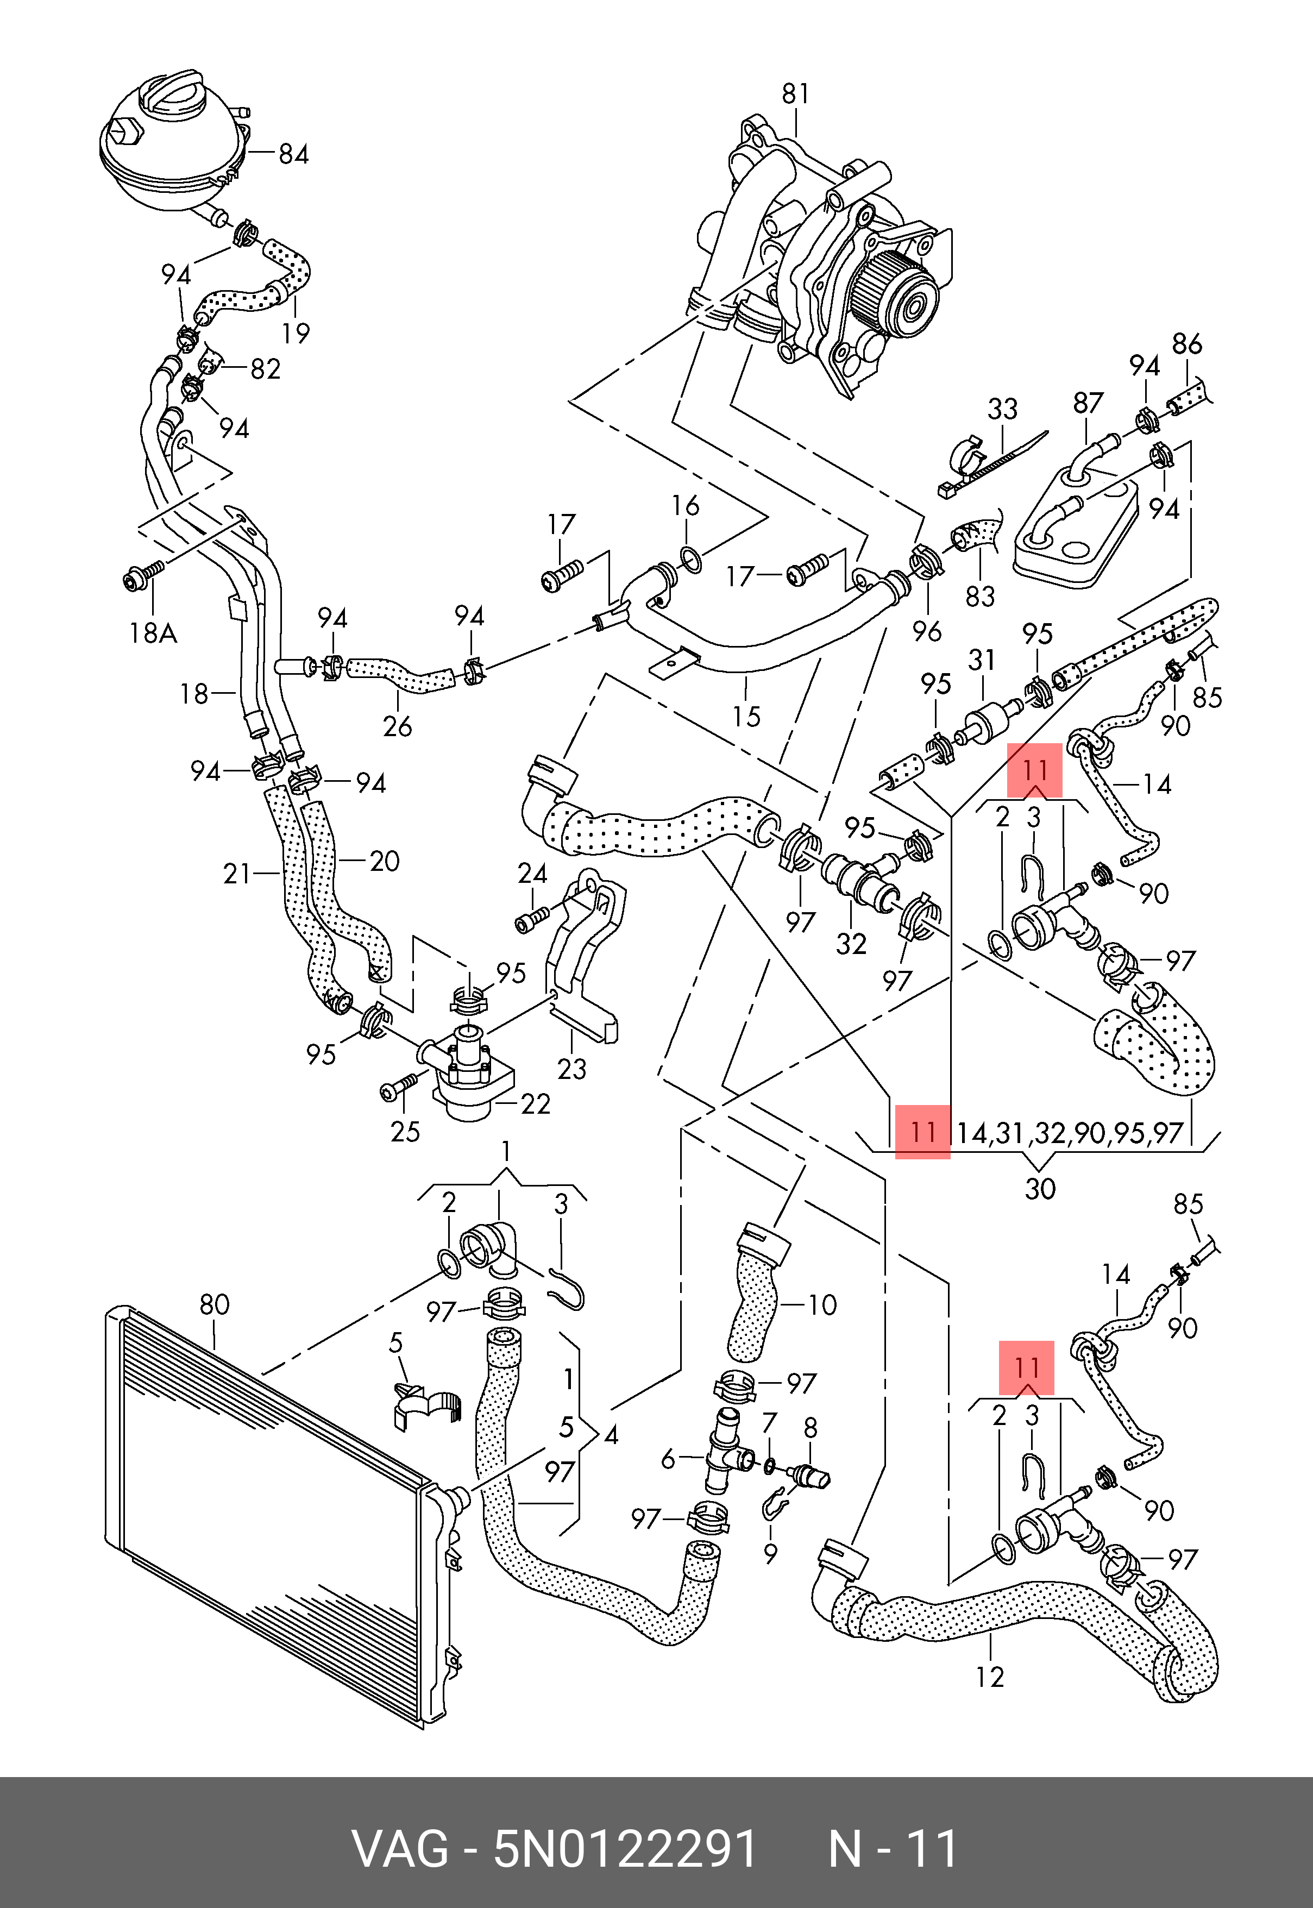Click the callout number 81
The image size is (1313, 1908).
[795, 95]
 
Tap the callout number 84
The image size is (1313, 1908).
[293, 154]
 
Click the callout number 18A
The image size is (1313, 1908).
[154, 633]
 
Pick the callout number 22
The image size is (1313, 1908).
[536, 1104]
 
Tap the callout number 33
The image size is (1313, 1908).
[1002, 409]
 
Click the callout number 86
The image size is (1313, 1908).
[1187, 344]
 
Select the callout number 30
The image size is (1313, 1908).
[1040, 1189]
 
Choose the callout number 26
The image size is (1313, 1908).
[397, 726]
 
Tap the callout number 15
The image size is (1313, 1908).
[746, 717]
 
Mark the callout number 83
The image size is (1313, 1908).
[980, 595]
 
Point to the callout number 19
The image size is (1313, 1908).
[296, 333]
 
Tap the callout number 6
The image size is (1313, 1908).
[668, 1459]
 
